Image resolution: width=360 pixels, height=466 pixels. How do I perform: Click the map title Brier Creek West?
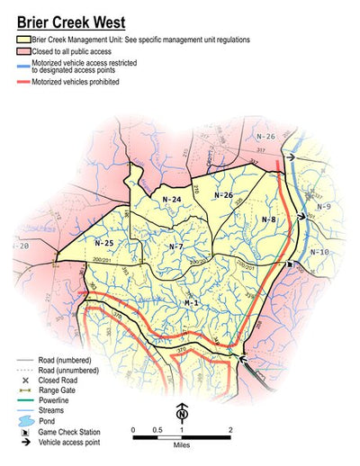[x=70, y=22]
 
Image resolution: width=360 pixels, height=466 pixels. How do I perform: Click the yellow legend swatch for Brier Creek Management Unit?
[x=23, y=40]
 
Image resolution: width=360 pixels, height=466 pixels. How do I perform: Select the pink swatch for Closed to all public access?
[x=23, y=52]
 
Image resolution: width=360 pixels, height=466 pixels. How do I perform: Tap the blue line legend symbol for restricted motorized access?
[x=23, y=66]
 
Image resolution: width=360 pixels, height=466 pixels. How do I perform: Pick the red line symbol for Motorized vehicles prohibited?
[x=23, y=82]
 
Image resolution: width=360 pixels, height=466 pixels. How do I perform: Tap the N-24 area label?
[x=172, y=199]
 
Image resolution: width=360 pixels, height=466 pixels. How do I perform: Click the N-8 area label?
[x=269, y=220]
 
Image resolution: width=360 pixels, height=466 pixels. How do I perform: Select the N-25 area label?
[x=103, y=242]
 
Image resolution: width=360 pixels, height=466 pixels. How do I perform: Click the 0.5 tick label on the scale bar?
[x=157, y=430]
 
